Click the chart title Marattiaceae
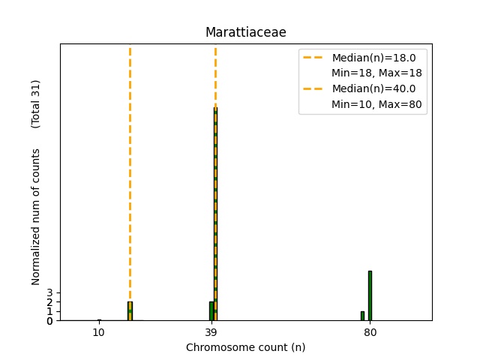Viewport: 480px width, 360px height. pos(246,32)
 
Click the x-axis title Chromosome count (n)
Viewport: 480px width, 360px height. pos(246,347)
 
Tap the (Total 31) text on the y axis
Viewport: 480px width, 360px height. pos(36,103)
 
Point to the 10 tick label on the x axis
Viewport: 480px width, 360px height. pos(98,332)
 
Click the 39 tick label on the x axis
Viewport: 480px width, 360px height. pos(211,332)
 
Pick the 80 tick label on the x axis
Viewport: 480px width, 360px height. pos(370,332)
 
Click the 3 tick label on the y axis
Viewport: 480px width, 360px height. pos(50,293)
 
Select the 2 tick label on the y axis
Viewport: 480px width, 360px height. pos(50,302)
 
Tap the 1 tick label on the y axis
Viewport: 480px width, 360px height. pos(50,311)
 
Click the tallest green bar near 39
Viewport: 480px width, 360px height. pos(215,214)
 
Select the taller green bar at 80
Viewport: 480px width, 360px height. pos(370,295)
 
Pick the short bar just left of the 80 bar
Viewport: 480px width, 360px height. pos(362,316)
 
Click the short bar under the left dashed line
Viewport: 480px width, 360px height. pos(130,311)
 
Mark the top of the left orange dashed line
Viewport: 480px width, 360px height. pos(130,48)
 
